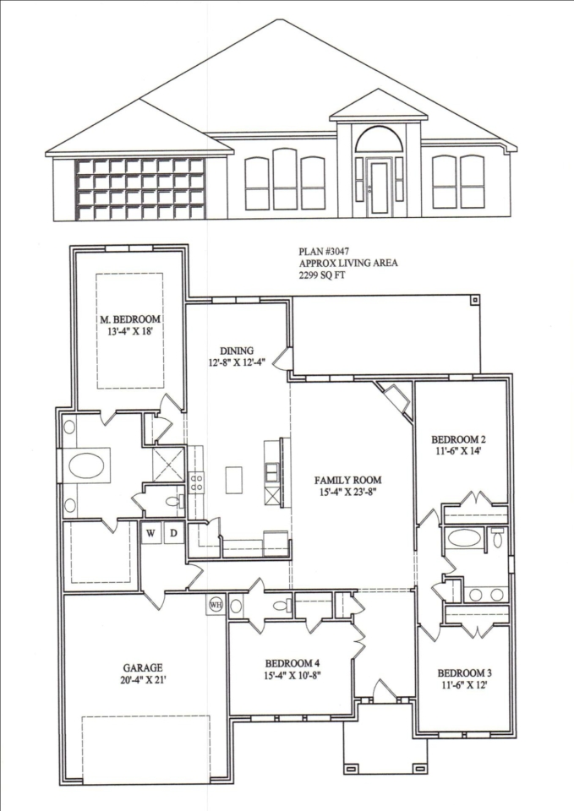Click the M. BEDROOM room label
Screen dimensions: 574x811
(x=130, y=318)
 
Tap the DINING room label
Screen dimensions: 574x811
(x=237, y=350)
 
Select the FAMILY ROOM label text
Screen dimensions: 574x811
(x=347, y=481)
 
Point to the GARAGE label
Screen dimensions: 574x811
(x=143, y=667)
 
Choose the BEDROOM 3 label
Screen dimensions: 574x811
(x=465, y=673)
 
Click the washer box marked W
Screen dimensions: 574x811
(x=150, y=533)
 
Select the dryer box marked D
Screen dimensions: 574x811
(x=174, y=533)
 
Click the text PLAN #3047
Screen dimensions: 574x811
(x=320, y=252)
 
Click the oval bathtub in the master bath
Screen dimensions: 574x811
(x=86, y=465)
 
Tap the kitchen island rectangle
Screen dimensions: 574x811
(x=234, y=480)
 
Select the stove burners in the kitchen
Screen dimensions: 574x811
(x=197, y=482)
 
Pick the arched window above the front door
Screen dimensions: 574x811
(x=379, y=139)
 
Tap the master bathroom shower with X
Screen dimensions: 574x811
(x=169, y=464)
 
